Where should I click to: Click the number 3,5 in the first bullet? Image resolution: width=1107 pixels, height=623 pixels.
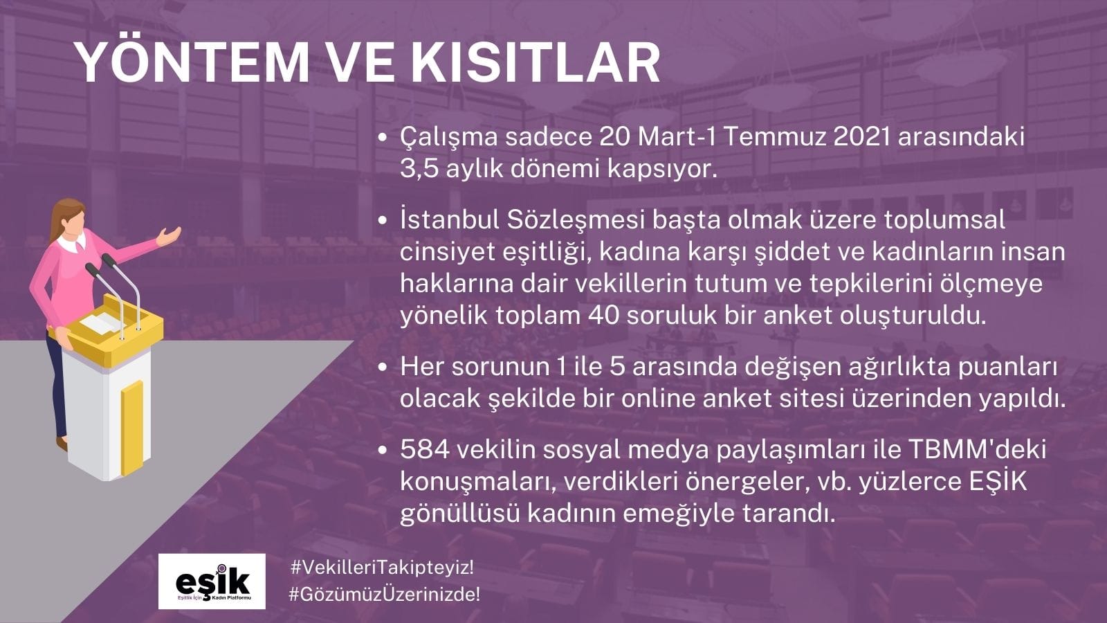(x=419, y=170)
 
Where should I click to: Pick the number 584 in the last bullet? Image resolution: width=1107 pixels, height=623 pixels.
(x=425, y=451)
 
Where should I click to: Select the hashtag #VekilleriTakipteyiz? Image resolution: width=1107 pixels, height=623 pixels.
(x=382, y=568)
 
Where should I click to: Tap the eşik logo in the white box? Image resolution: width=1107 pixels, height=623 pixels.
(x=212, y=581)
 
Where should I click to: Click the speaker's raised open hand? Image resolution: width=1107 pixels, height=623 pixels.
(x=169, y=236)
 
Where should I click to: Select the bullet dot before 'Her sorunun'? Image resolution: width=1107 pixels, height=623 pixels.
(x=381, y=368)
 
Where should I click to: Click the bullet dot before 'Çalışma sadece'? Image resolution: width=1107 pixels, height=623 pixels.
(x=381, y=138)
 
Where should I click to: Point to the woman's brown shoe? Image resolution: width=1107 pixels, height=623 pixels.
(x=62, y=443)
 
